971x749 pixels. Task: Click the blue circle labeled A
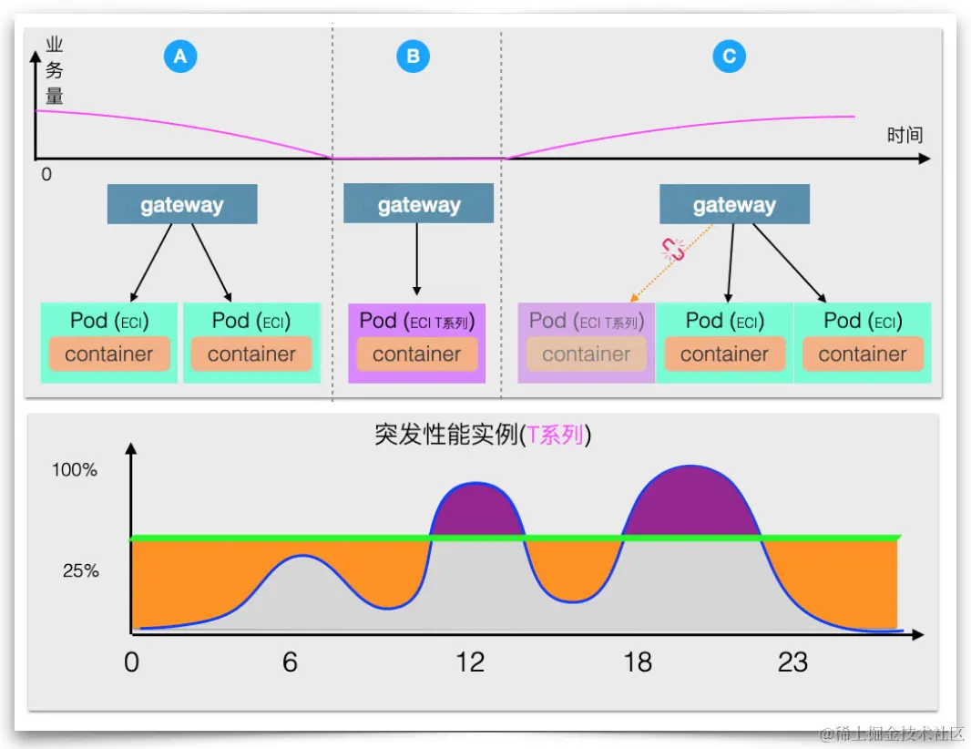pos(180,56)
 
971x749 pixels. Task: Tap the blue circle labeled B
pos(413,56)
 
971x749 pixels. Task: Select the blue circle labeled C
pos(729,56)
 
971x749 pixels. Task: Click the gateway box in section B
pos(418,205)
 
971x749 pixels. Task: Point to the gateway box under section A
pos(182,205)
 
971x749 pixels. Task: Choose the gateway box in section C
pos(734,205)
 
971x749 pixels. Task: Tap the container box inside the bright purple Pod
pos(417,354)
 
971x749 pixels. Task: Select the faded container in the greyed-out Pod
pos(587,354)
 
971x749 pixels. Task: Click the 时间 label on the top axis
pos(905,136)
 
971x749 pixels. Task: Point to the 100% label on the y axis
pos(74,471)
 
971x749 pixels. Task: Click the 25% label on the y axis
pos(80,571)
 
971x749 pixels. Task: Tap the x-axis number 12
pos(470,662)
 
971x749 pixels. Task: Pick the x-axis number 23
pos(792,662)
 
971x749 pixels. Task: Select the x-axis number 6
pos(290,662)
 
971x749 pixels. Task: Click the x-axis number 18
pos(638,662)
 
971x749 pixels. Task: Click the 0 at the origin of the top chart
pos(46,173)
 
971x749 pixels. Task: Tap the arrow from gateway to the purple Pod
pos(417,260)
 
